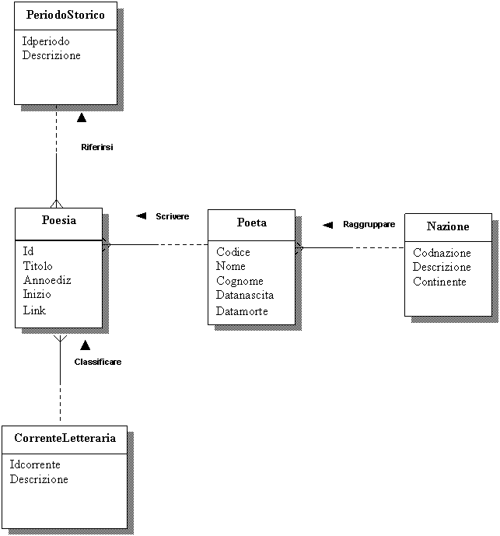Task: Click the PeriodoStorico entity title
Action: pyautogui.click(x=65, y=15)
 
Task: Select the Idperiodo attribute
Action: pyautogui.click(x=46, y=41)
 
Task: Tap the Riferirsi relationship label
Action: pyautogui.click(x=97, y=147)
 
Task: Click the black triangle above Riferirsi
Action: pyautogui.click(x=82, y=117)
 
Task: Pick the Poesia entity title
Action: pyautogui.click(x=59, y=220)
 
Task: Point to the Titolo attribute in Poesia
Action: pyautogui.click(x=37, y=266)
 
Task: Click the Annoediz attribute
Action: pyautogui.click(x=47, y=280)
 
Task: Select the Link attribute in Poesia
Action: pyautogui.click(x=34, y=310)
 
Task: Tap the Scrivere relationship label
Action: pyautogui.click(x=173, y=216)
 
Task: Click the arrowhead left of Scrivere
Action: pyautogui.click(x=142, y=216)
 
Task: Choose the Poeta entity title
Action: pyautogui.click(x=251, y=222)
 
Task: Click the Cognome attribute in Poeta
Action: pyautogui.click(x=240, y=281)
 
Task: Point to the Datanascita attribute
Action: pyautogui.click(x=245, y=295)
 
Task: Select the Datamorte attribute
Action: pyautogui.click(x=242, y=311)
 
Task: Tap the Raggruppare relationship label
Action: pyautogui.click(x=369, y=224)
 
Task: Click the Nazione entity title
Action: pyautogui.click(x=448, y=226)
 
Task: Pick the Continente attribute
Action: pyautogui.click(x=439, y=282)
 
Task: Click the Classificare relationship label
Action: pyautogui.click(x=98, y=362)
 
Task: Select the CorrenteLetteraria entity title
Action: pyautogui.click(x=65, y=438)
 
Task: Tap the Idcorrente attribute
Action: pyautogui.click(x=35, y=464)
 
